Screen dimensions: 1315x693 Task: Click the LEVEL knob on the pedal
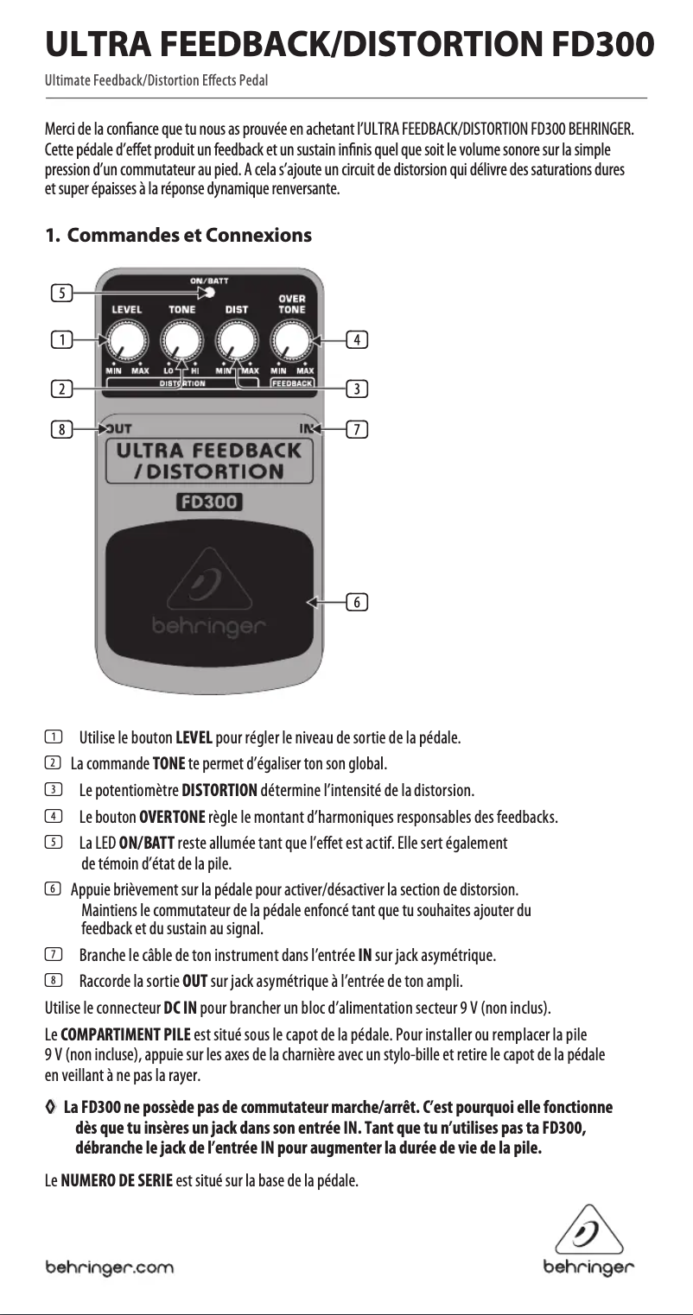click(x=126, y=339)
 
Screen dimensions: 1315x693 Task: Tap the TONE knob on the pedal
click(x=181, y=339)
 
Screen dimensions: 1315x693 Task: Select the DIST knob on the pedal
click(x=236, y=339)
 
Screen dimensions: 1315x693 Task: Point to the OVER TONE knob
click(x=292, y=339)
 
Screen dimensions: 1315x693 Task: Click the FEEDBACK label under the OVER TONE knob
click(x=292, y=382)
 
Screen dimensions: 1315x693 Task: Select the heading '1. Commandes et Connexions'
click(x=178, y=235)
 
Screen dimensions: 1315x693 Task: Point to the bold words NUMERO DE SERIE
click(x=116, y=1180)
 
